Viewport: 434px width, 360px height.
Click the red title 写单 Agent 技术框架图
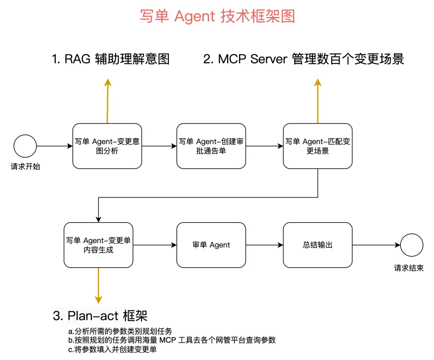tap(217, 16)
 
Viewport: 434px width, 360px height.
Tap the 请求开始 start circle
tap(25, 146)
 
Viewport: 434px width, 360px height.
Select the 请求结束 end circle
tap(411, 245)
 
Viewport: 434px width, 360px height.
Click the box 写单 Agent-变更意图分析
tap(107, 146)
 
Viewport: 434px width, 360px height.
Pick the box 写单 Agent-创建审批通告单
tap(211, 146)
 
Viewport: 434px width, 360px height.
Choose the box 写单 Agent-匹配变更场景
tap(318, 146)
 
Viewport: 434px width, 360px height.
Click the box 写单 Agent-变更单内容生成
tap(98, 245)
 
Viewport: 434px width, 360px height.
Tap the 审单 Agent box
tap(211, 245)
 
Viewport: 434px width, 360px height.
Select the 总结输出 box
tap(318, 245)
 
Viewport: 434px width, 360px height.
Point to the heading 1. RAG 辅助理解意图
tap(111, 59)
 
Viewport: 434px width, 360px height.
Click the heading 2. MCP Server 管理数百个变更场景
tap(304, 59)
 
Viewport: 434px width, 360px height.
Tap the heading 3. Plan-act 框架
tap(100, 316)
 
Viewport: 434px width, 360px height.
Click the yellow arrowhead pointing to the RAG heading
tap(108, 82)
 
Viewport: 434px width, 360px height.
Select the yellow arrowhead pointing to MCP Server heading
tap(318, 82)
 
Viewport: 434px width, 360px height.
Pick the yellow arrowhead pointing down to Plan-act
tap(98, 300)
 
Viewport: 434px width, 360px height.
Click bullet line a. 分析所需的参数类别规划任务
tap(120, 331)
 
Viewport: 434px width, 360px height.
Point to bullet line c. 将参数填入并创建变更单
tap(113, 350)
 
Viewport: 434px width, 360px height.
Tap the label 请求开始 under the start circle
tap(25, 167)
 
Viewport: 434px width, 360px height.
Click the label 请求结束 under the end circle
tap(409, 268)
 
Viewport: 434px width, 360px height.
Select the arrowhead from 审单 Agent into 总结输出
tap(280, 245)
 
